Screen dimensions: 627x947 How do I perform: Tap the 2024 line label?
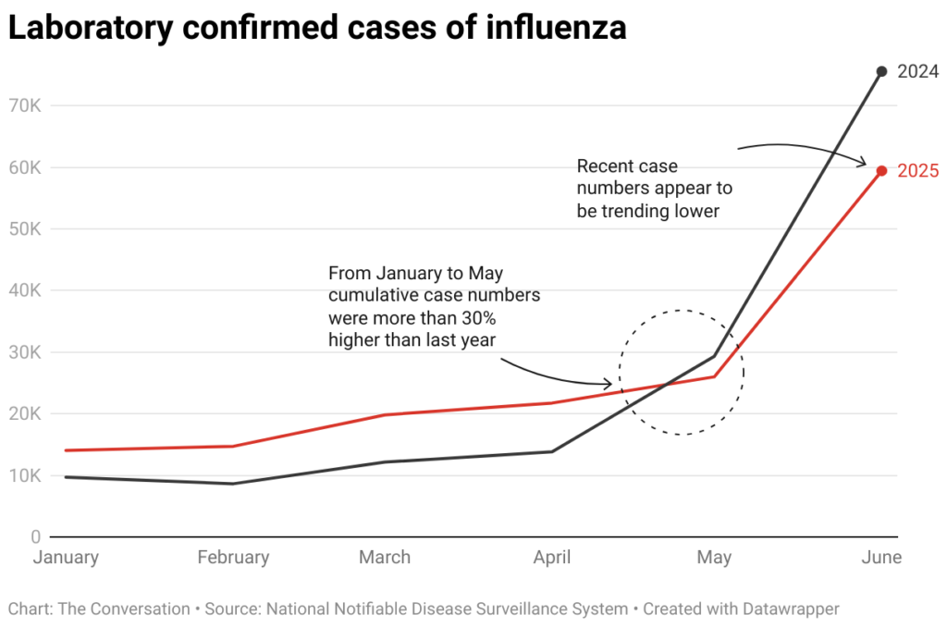click(918, 71)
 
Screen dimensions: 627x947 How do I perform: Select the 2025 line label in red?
click(918, 171)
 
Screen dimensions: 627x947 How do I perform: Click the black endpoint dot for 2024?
click(881, 71)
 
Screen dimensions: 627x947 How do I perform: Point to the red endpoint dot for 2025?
click(881, 170)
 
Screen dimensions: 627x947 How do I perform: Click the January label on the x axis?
click(66, 558)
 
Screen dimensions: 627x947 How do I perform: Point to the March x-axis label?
click(385, 558)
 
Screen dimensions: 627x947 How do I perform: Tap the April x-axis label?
click(552, 558)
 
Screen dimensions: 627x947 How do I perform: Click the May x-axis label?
click(714, 558)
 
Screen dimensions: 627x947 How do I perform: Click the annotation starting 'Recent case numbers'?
click(654, 189)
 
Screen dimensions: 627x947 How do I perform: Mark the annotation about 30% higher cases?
click(434, 306)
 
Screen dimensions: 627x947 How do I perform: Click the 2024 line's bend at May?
click(714, 356)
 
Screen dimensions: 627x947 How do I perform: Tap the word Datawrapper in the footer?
click(791, 609)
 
